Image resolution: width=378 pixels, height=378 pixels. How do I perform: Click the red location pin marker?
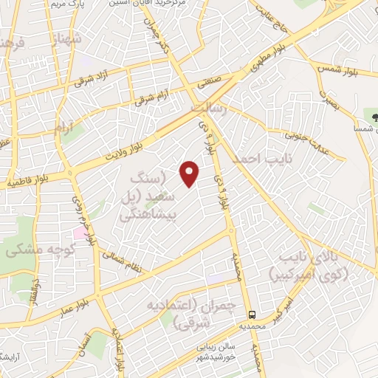190,173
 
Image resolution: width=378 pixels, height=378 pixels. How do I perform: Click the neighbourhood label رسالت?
207,108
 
